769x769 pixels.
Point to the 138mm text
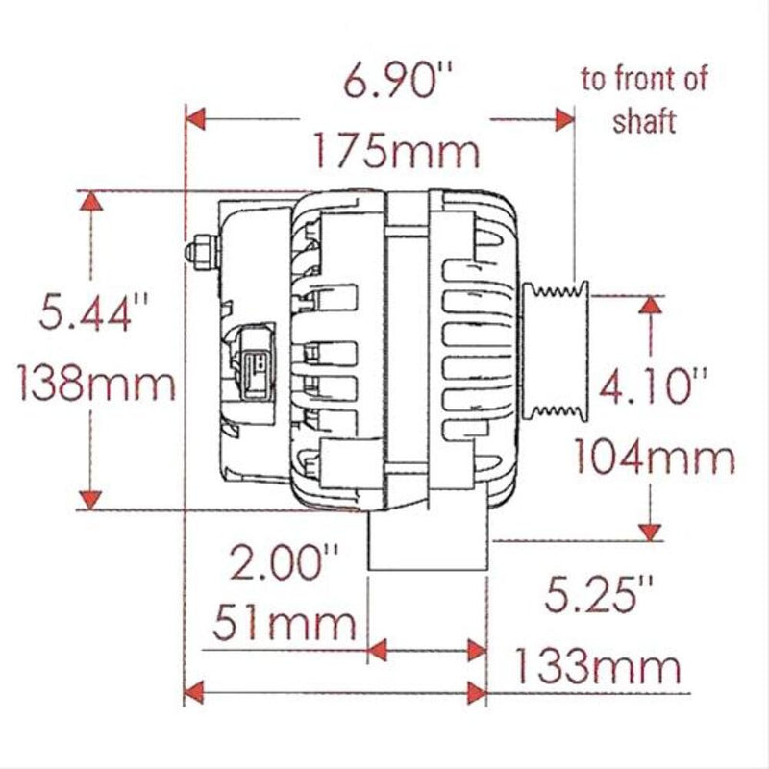click(97, 386)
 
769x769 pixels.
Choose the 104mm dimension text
click(655, 459)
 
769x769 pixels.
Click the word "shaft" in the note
click(646, 122)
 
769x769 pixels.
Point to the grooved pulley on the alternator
click(555, 350)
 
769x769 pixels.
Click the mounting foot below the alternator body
click(427, 543)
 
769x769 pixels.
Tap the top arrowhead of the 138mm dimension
click(90, 201)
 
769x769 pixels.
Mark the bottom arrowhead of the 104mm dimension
click(652, 530)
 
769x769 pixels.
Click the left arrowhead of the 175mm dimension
click(195, 119)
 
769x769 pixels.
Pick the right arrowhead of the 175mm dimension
click(563, 119)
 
